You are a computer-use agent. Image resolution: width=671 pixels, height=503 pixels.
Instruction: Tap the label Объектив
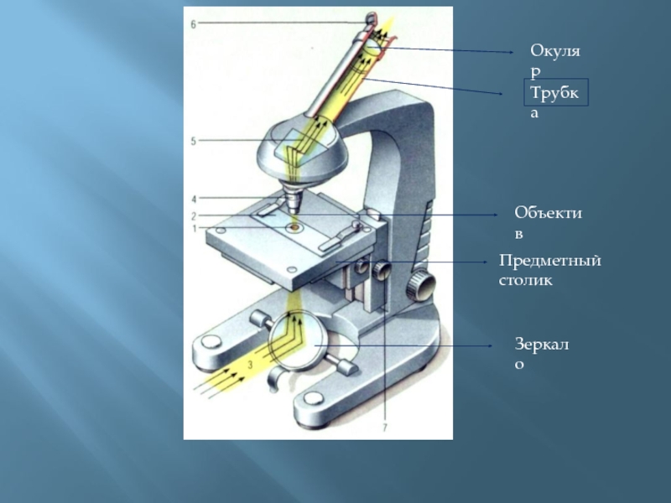[x=549, y=221]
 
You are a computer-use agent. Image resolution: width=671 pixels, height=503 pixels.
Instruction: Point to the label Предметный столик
[x=549, y=271]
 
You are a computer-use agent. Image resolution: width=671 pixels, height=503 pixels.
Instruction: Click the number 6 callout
[x=193, y=24]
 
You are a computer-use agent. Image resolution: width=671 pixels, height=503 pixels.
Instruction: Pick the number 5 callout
[x=193, y=142]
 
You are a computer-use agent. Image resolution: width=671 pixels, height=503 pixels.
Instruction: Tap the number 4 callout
[x=193, y=200]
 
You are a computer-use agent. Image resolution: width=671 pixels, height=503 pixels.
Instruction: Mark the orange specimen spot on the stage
[x=293, y=227]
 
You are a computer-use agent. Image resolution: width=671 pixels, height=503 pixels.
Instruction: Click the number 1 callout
[x=193, y=228]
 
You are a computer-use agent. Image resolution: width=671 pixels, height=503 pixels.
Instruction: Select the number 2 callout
[x=193, y=215]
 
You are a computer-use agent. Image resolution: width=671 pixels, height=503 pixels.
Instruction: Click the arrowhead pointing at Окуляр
[x=513, y=52]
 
